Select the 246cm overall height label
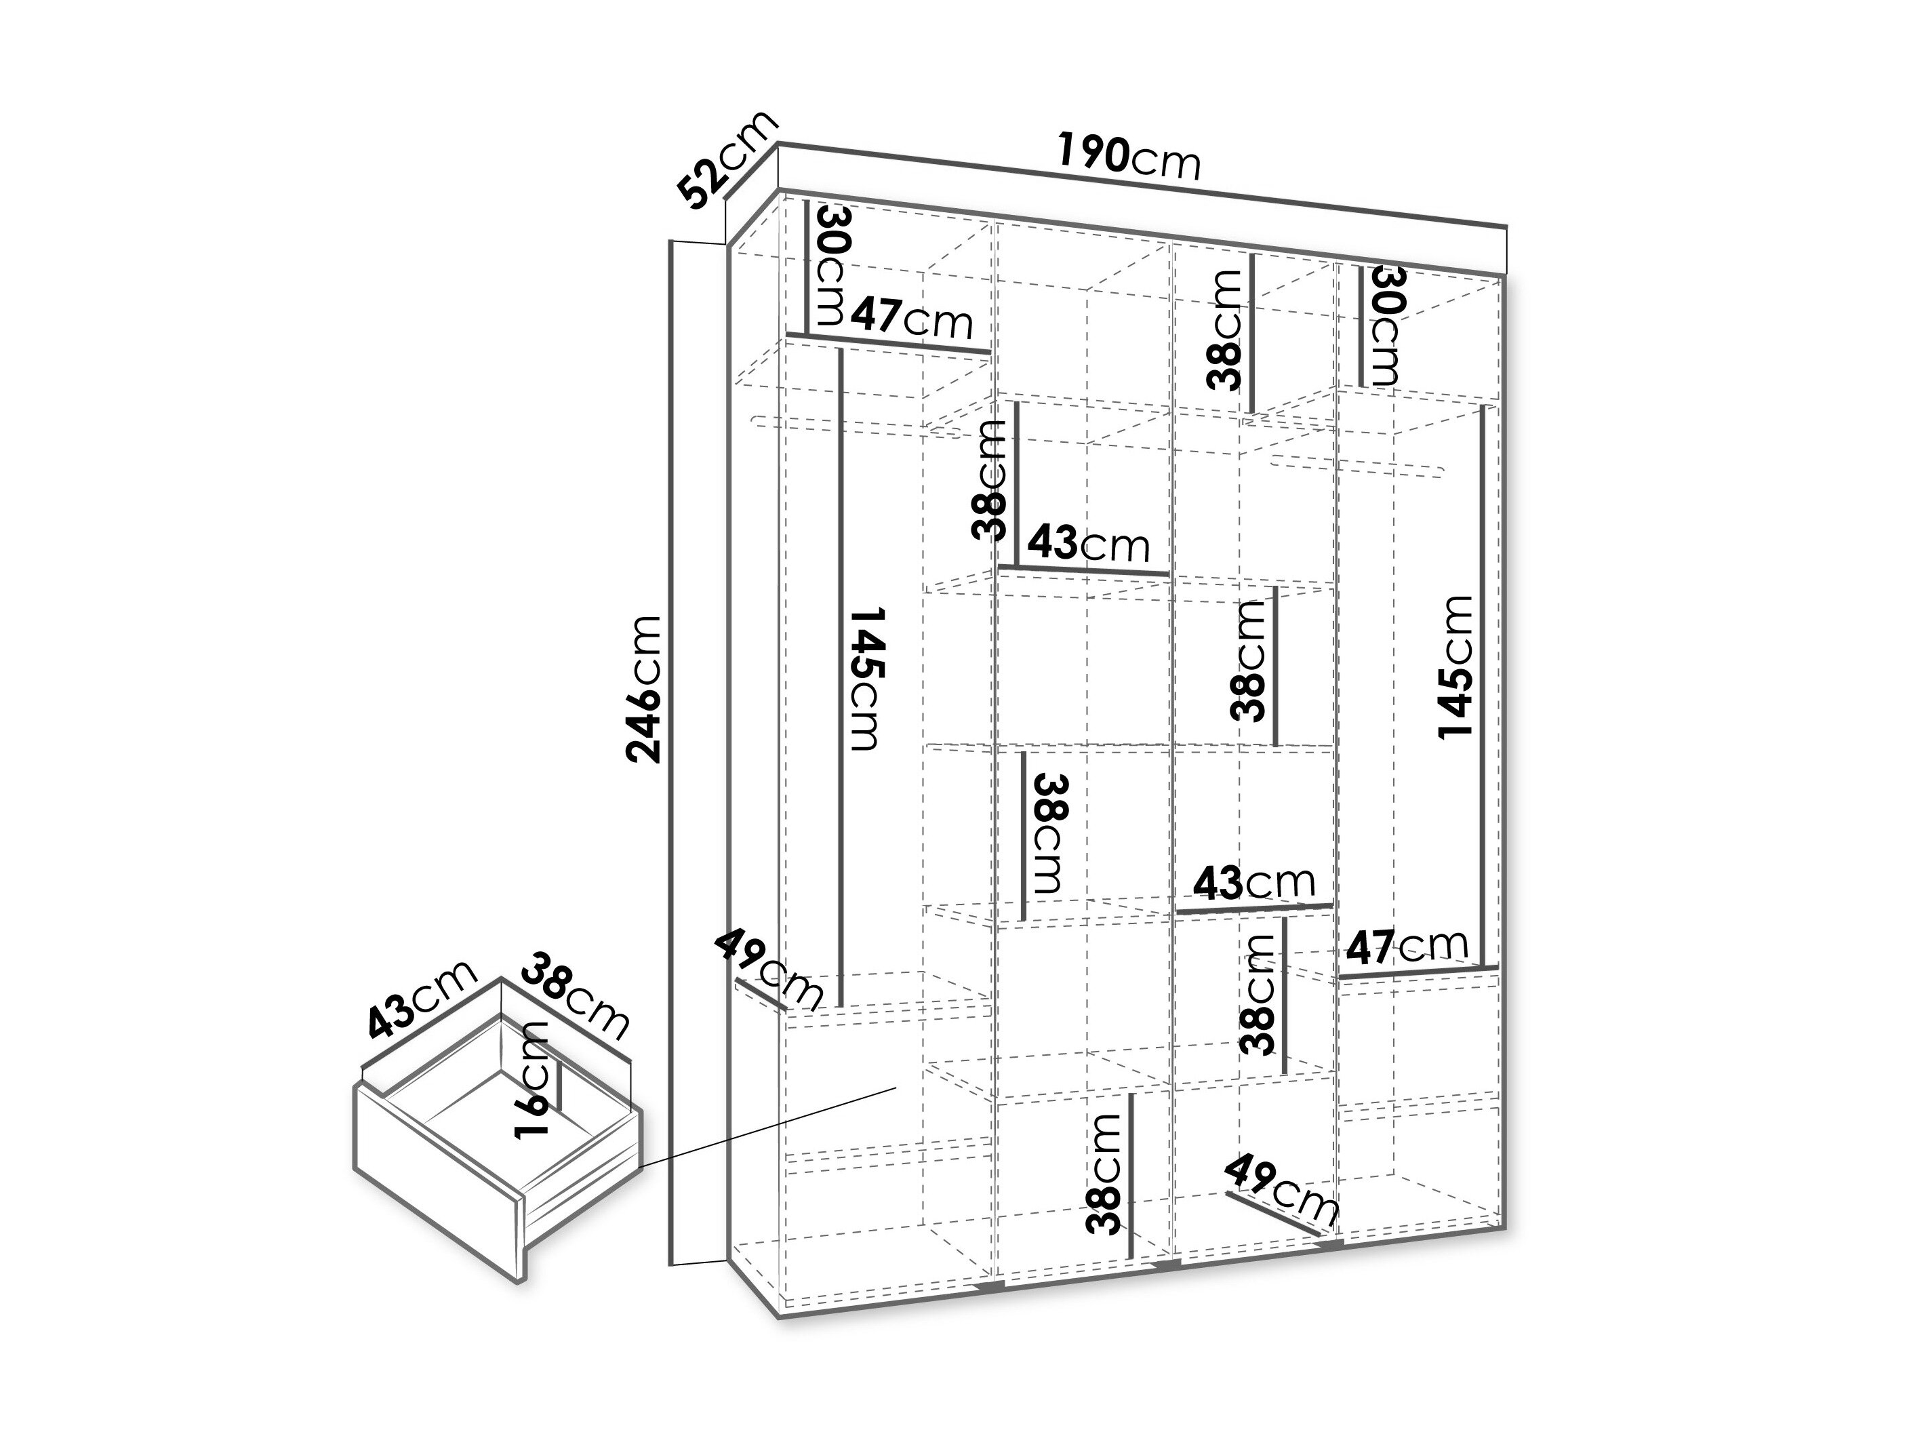644,690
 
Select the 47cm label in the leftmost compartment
911,319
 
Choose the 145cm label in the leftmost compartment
866,679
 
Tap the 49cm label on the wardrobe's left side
768,968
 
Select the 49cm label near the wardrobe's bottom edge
1281,1191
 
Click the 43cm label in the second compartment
1088,544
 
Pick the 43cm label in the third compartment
1254,882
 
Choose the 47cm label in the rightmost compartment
1407,947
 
